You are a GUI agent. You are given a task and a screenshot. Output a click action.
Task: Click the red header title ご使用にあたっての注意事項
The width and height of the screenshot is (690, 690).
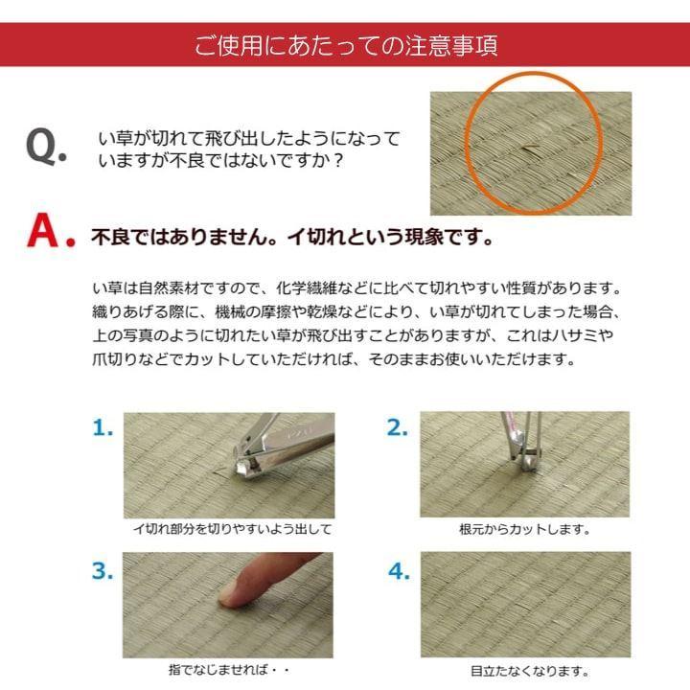[x=345, y=45]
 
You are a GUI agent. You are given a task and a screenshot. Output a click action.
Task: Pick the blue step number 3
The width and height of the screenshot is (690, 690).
[x=103, y=572]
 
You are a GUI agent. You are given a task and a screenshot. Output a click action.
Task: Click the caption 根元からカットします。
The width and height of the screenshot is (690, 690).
[x=524, y=529]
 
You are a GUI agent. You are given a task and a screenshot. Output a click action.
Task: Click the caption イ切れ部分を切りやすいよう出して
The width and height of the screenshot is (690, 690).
[x=232, y=529]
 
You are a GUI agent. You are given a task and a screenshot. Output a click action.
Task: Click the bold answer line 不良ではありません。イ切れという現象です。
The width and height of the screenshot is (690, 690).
[x=291, y=237]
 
